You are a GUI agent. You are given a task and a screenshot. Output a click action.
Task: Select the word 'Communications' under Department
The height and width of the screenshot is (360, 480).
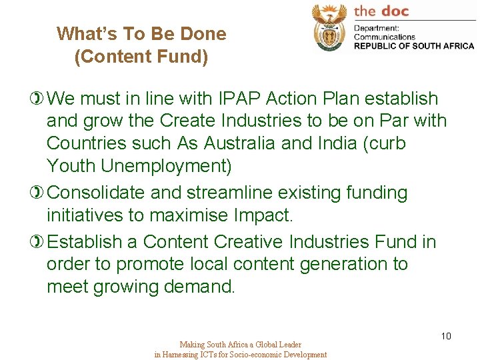(385, 37)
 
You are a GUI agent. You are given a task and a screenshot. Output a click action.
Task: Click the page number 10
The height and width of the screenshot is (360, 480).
(446, 336)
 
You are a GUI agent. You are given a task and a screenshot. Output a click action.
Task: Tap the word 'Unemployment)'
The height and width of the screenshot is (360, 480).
(175, 166)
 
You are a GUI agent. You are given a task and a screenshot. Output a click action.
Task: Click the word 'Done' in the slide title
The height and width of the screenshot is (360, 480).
(203, 33)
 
